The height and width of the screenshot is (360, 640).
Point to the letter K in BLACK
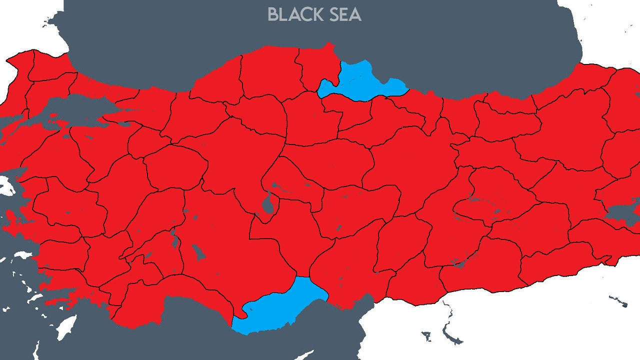[315, 14]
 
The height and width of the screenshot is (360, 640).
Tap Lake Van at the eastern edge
[622, 212]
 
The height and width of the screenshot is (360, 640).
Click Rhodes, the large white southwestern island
[65, 327]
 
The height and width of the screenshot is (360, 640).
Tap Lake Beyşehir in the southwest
[198, 252]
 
